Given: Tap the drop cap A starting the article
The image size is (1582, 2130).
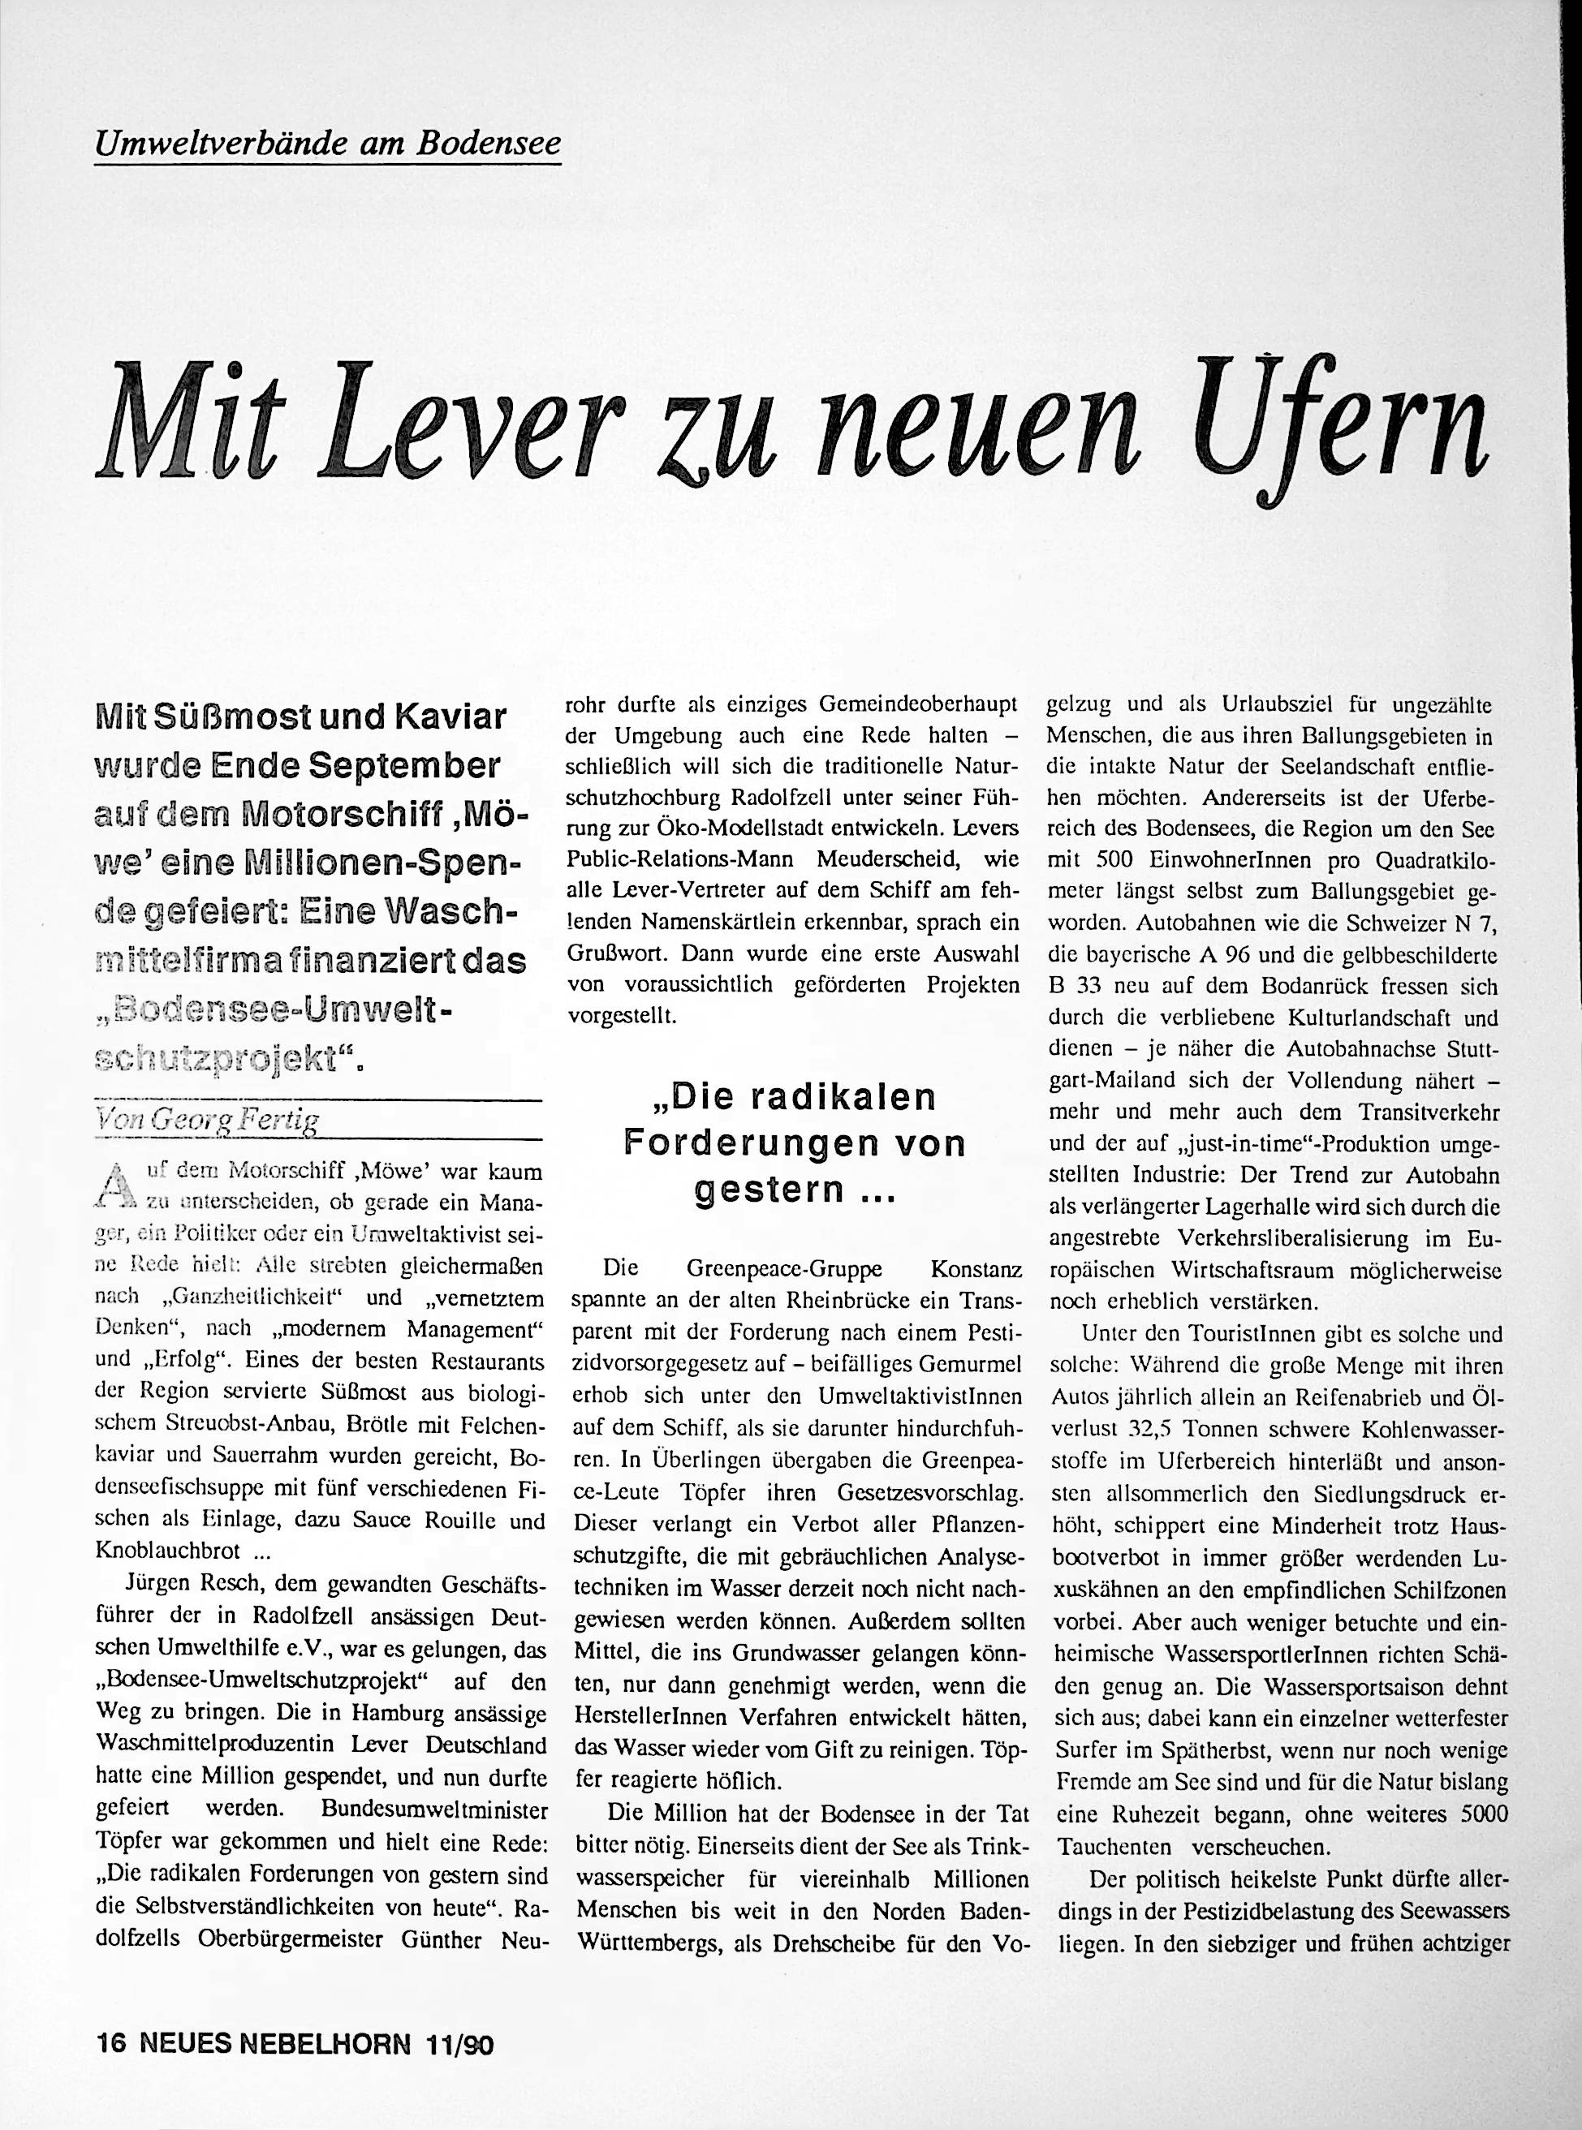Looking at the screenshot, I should (116, 1184).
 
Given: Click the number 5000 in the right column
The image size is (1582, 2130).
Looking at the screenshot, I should (1473, 1815).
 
